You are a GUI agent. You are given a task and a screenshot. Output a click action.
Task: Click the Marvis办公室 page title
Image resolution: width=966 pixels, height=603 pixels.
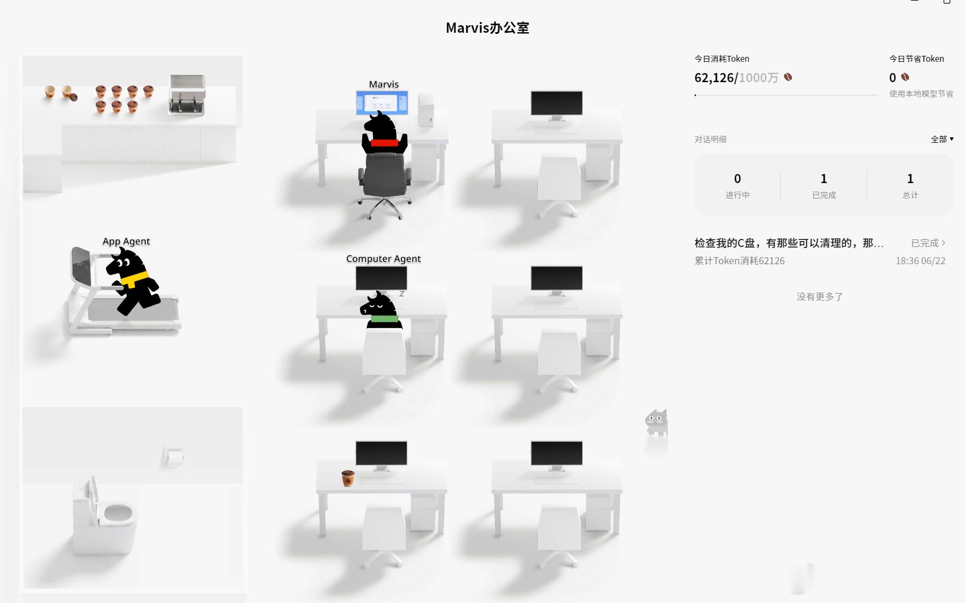pos(487,28)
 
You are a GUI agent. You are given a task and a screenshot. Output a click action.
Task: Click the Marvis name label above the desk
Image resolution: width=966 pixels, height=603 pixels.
pos(384,84)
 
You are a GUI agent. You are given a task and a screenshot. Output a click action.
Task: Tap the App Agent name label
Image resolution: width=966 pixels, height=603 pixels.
pos(126,241)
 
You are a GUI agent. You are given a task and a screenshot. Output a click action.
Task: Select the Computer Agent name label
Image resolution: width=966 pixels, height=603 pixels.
pos(383,258)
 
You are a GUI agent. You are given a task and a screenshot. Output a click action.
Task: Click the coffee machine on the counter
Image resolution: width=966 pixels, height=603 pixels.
pos(187,95)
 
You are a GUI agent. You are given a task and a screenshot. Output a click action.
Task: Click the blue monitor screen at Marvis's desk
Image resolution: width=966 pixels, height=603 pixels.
pos(382,103)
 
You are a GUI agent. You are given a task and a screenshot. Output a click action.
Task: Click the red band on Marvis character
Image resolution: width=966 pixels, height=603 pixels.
pos(385,143)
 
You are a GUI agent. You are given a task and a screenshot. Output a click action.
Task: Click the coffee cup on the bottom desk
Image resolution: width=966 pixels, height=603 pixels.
pos(348,478)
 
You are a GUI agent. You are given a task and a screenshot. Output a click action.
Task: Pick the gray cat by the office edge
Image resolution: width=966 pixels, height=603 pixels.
pos(657,423)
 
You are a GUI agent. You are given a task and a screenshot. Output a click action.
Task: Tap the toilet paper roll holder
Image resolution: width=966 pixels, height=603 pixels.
pos(174,457)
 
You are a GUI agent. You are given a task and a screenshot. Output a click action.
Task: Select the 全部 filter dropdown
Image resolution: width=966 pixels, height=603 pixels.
pos(942,139)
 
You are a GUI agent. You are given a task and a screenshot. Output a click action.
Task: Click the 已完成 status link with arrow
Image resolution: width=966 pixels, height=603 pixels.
pos(928,243)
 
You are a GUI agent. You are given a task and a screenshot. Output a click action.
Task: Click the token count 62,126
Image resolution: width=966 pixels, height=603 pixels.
pos(714,78)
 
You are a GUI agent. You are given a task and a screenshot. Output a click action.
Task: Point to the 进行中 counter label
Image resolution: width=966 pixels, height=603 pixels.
pos(738,195)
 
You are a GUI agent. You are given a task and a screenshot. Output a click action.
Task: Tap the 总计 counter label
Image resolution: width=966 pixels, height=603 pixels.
pos(910,195)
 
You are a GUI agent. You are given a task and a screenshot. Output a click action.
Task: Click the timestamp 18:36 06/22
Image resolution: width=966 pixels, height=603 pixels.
pos(920,261)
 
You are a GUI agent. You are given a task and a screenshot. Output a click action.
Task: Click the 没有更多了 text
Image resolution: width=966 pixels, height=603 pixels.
pos(820,296)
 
